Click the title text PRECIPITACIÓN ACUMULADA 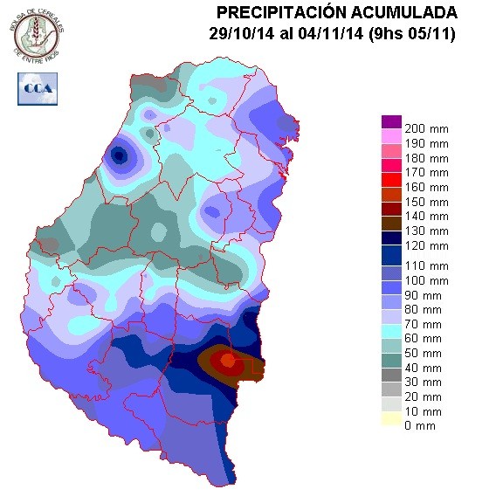[x=336, y=12]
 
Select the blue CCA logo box [x=36, y=89]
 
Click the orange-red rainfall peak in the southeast [x=227, y=360]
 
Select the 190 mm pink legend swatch [x=390, y=136]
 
